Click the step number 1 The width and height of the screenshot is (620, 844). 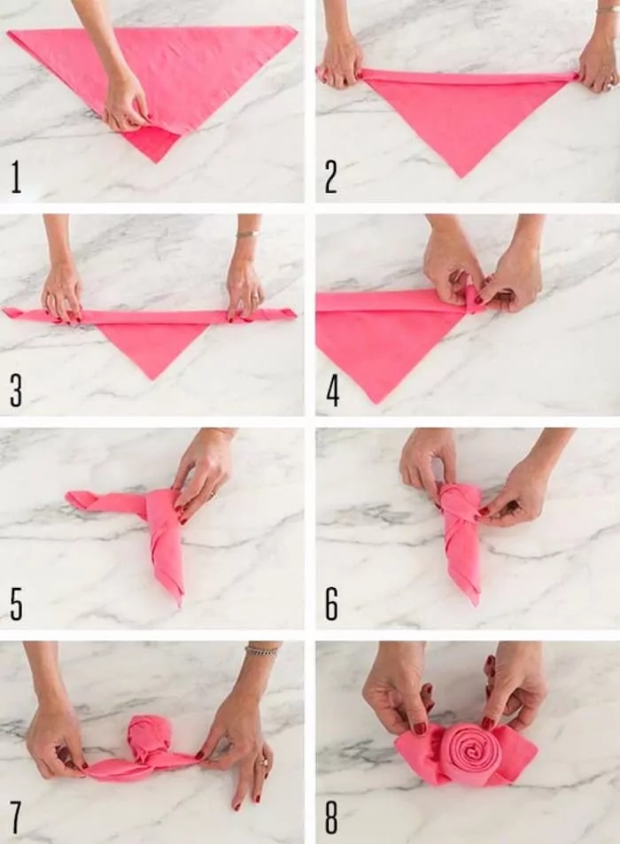coord(16,177)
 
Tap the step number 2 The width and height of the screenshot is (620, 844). coord(330,177)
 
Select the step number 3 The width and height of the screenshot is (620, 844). coord(16,391)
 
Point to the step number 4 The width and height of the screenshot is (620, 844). coord(332,391)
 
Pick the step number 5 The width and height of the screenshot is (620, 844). coord(16,602)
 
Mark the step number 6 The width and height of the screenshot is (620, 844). coord(331,602)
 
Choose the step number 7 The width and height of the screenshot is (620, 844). coord(16,816)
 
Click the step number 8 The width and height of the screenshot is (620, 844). coord(331,816)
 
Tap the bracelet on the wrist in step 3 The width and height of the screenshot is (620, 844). coord(246,234)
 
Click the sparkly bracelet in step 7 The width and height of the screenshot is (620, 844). coord(261,651)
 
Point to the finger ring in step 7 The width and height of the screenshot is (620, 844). coord(261,760)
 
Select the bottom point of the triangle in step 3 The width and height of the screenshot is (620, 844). coord(152,377)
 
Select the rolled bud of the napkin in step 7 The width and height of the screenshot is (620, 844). coord(149,737)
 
